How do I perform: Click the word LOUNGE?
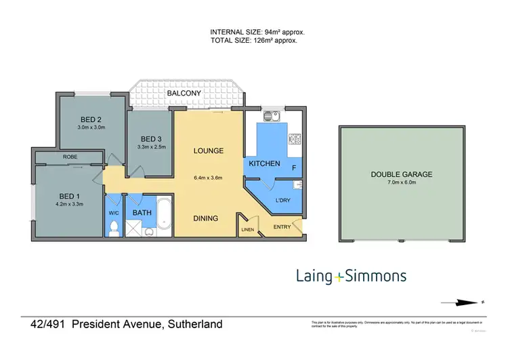209,151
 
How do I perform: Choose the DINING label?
206,218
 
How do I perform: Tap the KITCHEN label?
264,164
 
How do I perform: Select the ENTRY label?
282,227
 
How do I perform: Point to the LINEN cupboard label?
247,231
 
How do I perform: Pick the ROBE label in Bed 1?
70,157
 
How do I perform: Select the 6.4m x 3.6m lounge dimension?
209,178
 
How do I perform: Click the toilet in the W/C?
113,228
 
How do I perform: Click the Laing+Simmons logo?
351,275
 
